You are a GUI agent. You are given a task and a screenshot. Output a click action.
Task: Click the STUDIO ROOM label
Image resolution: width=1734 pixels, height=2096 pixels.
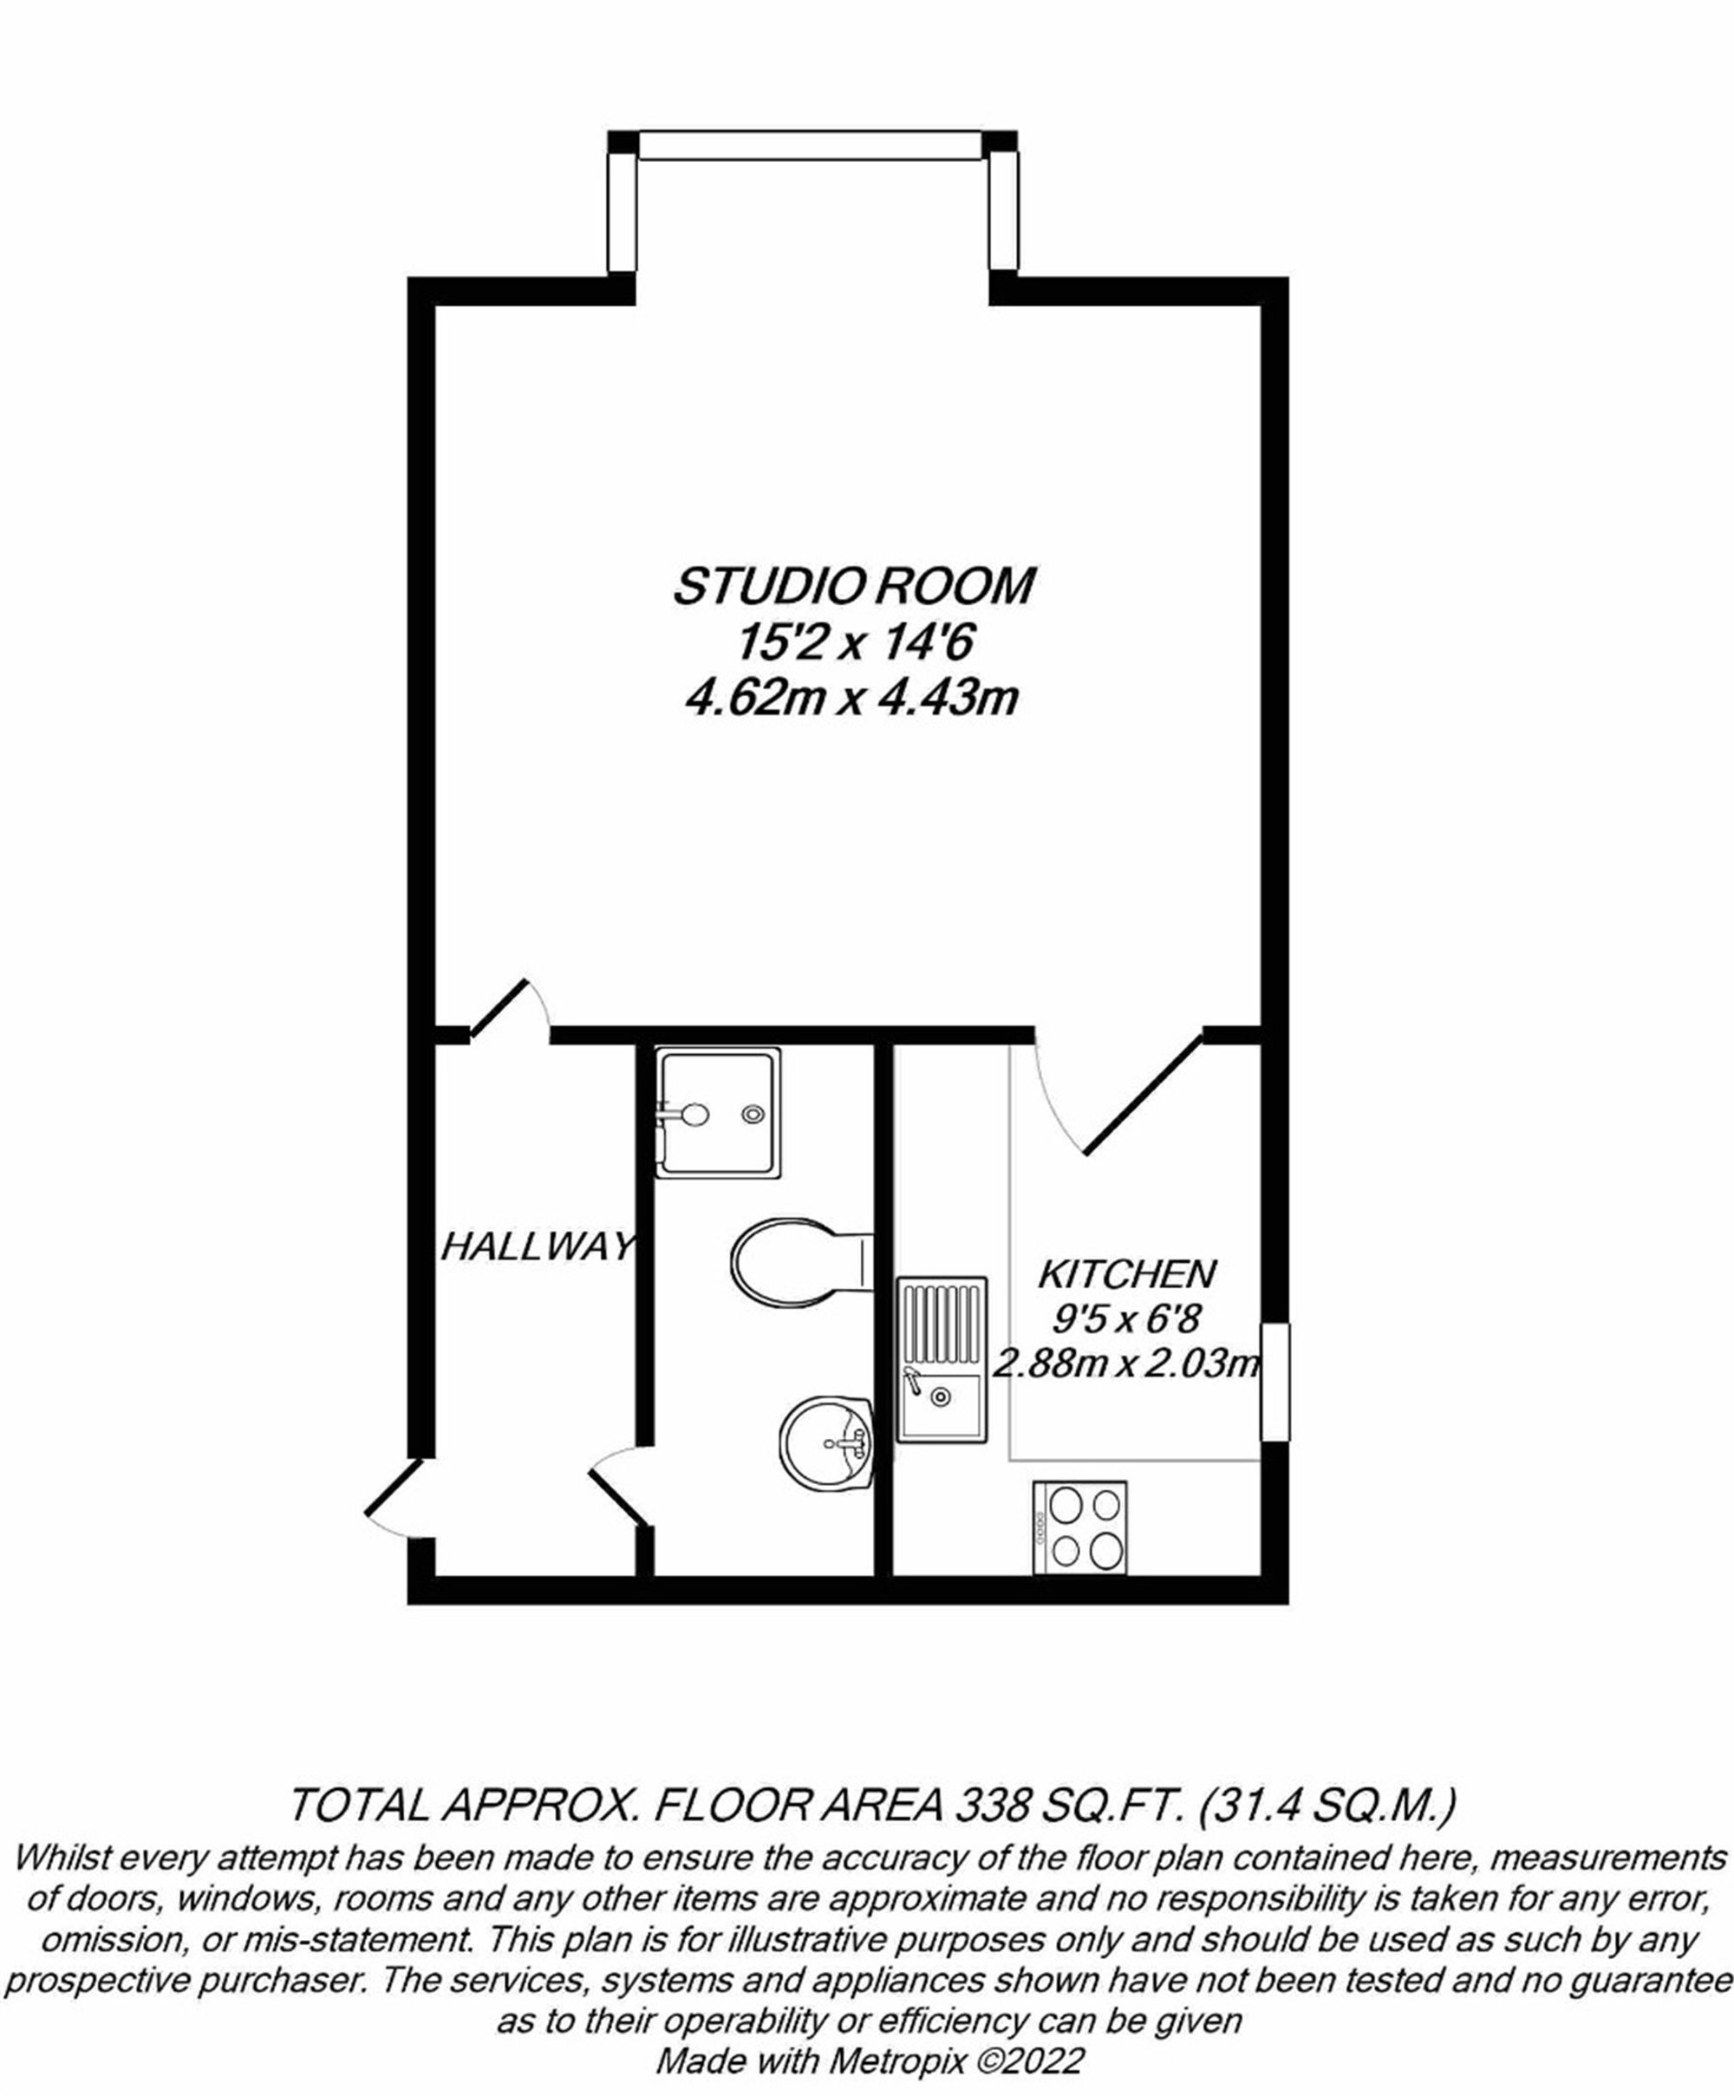(x=853, y=586)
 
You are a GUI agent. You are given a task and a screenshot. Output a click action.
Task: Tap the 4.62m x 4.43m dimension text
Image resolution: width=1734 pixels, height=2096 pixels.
(x=851, y=699)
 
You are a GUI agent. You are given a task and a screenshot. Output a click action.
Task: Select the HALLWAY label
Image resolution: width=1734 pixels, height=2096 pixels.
(x=537, y=1247)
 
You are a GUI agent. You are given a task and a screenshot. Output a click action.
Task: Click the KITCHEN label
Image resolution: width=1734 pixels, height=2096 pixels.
(x=1127, y=1274)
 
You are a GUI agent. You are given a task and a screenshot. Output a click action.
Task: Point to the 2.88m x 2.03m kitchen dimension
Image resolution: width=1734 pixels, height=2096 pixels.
(x=1128, y=1363)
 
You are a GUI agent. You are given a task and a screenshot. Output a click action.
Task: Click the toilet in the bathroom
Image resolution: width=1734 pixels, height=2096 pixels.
(x=799, y=1264)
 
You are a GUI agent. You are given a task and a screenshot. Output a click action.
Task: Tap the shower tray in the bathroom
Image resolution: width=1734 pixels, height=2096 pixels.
(x=718, y=1112)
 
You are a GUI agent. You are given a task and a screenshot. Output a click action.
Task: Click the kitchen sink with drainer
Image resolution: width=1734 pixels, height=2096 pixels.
(x=942, y=1359)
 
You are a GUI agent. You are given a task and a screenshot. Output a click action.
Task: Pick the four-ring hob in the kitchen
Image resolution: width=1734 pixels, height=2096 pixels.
(x=1080, y=1527)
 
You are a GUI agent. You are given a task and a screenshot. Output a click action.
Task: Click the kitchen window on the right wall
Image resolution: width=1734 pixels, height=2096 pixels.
(x=1274, y=1383)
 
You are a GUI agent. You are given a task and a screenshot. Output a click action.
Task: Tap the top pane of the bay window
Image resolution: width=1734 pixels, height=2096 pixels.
(x=812, y=146)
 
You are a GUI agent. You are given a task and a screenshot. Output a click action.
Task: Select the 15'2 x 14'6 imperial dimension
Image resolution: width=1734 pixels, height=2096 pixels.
(x=853, y=644)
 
